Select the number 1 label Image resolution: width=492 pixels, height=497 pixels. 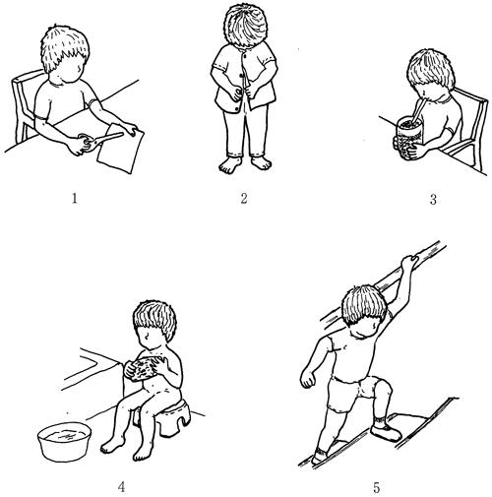(x=75, y=198)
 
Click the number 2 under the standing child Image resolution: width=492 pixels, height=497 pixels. (x=244, y=198)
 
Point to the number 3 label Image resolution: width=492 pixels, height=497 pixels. (x=433, y=199)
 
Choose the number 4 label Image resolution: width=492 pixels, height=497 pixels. (x=122, y=487)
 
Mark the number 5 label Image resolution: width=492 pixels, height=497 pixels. (x=377, y=487)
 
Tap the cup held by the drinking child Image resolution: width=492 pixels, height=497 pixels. (x=407, y=139)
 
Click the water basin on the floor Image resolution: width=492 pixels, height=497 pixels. (x=64, y=441)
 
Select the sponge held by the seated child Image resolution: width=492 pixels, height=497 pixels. (x=144, y=369)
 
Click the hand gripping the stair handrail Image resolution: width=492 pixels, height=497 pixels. (x=409, y=262)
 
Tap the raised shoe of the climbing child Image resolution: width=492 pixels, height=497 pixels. (x=386, y=433)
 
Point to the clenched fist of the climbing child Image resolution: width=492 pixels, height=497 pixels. (x=308, y=381)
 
